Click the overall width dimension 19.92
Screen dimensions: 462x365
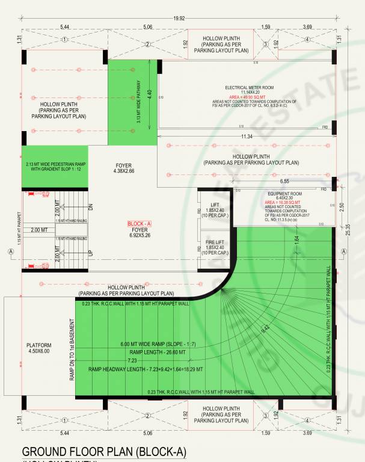[179, 19]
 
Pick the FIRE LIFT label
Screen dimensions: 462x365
[215, 243]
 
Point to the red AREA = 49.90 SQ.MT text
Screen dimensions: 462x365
[251, 96]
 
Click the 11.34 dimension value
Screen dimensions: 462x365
[246, 137]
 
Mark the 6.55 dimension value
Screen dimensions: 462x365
[284, 180]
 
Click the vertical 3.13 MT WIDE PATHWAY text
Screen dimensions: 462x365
[138, 102]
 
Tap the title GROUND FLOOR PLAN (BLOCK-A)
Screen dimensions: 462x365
[104, 452]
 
